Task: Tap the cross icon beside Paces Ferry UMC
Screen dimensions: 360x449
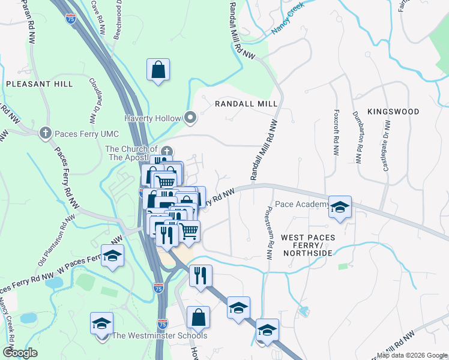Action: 45,133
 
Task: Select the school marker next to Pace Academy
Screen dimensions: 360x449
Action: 340,207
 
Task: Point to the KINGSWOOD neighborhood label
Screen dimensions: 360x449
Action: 393,112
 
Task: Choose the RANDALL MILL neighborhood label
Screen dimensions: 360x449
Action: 246,104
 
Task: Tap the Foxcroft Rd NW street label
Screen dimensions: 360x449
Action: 335,130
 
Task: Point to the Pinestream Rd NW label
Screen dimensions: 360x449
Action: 269,229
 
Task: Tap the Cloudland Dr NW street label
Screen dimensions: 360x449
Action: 93,99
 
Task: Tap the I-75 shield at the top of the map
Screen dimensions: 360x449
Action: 70,20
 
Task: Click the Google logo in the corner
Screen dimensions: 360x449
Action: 20,353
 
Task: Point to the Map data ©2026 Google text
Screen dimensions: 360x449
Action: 411,355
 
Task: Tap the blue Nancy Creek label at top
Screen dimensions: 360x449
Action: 289,17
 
